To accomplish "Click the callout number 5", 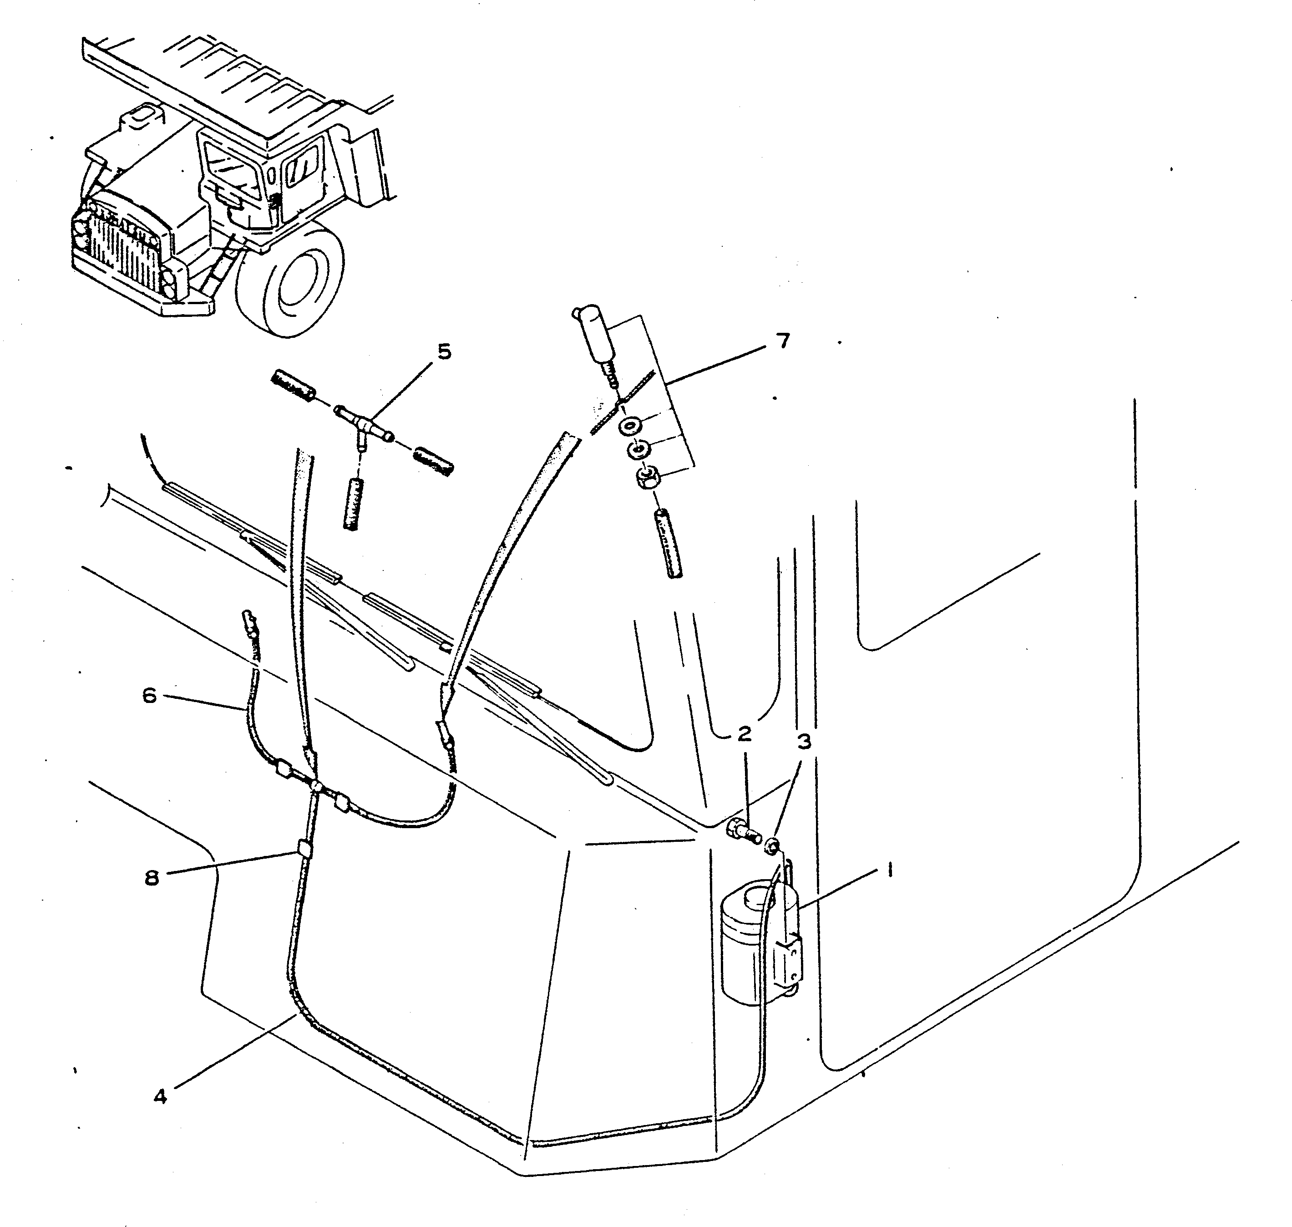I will click(x=445, y=352).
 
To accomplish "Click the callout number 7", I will click(x=783, y=341).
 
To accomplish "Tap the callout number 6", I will click(x=150, y=695).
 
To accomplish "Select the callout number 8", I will click(x=152, y=878).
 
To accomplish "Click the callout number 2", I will click(x=744, y=734).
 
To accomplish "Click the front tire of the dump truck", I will click(x=291, y=279).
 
